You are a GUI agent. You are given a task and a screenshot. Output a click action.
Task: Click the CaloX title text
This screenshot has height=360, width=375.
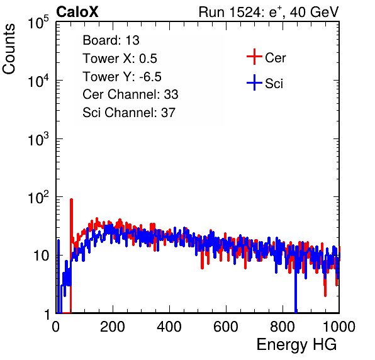point(77,12)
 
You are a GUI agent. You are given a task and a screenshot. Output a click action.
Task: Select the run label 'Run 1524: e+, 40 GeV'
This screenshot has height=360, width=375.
point(269,12)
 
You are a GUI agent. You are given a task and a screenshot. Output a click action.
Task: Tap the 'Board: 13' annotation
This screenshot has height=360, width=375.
point(111,40)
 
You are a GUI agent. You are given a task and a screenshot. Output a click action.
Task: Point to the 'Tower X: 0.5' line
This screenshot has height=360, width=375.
point(120,59)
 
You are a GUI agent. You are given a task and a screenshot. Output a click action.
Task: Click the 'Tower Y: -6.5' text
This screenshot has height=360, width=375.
point(122,77)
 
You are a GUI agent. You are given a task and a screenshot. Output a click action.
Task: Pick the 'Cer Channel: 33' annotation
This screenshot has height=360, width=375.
point(130,94)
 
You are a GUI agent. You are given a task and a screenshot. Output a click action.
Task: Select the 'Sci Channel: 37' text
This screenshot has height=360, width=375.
point(129,113)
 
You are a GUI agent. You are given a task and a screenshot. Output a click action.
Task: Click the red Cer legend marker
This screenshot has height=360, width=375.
point(254,57)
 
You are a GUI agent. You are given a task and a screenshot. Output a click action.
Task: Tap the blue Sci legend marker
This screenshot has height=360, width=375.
point(254,82)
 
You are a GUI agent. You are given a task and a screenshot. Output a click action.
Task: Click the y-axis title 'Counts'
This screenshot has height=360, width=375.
point(9,49)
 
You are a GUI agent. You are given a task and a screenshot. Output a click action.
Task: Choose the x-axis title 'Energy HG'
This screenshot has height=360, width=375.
point(296,345)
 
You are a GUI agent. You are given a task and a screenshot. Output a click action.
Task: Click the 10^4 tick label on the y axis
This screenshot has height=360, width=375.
point(38,81)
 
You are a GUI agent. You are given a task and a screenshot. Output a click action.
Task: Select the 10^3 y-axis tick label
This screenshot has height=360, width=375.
point(38,139)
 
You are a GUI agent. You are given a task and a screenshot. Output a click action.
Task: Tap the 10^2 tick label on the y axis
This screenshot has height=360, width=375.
point(38,198)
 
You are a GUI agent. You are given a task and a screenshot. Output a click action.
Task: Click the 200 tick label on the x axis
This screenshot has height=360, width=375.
point(113,327)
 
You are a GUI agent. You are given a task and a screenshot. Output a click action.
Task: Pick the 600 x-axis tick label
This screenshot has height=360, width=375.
point(226,327)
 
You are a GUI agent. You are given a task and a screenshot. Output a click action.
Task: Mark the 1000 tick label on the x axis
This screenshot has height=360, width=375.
point(339,327)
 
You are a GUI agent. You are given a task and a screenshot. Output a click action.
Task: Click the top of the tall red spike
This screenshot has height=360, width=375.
point(71,200)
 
